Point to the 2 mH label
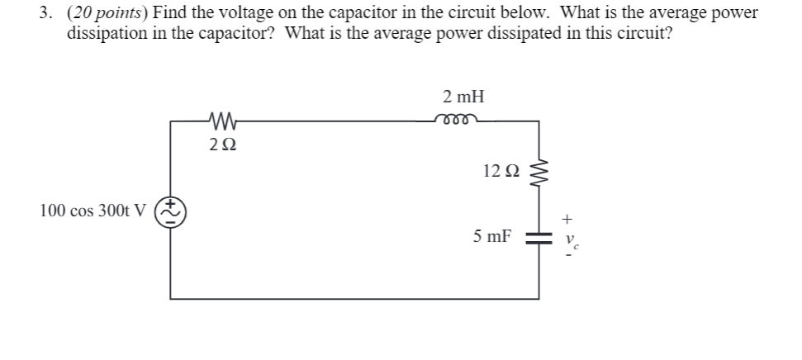tap(457, 96)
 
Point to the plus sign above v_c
tap(567, 220)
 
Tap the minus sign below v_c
tap(567, 253)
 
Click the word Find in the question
tap(169, 14)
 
